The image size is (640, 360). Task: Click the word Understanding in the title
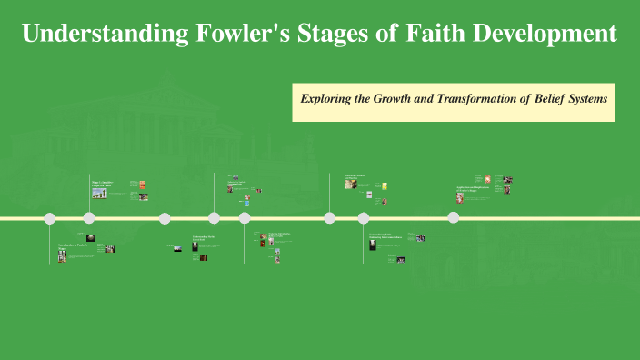pyautogui.click(x=103, y=35)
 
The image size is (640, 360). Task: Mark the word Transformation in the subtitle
pyautogui.click(x=485, y=97)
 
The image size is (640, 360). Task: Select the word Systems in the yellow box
pyautogui.click(x=592, y=97)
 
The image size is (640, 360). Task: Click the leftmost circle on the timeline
pyautogui.click(x=50, y=218)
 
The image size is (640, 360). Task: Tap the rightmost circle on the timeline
pyautogui.click(x=454, y=218)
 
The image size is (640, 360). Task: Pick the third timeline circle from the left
pyautogui.click(x=165, y=218)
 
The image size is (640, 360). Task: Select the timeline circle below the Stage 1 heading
pyautogui.click(x=89, y=218)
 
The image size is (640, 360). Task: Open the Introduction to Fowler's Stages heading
pyautogui.click(x=74, y=247)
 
